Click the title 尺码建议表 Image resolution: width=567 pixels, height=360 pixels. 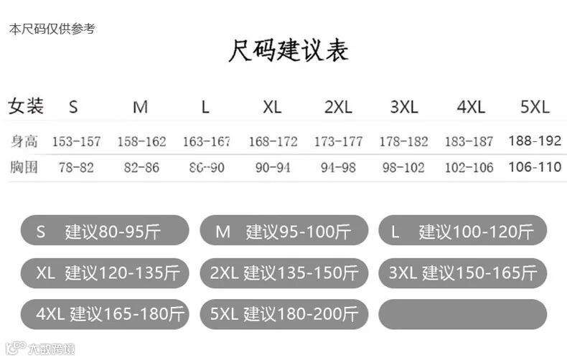coord(289,51)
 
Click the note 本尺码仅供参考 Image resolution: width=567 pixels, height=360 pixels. coord(52,29)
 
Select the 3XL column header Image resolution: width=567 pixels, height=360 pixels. coord(404,108)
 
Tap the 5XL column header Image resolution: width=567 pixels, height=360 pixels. coord(535,108)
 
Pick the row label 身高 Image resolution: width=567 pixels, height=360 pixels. coord(24,141)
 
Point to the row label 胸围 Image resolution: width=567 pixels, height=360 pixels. coord(24,168)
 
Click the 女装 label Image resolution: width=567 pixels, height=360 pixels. coord(26,107)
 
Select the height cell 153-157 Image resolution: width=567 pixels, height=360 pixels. coord(77,141)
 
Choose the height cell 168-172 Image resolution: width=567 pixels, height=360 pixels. coord(273,141)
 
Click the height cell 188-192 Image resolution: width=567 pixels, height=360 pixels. coord(535,141)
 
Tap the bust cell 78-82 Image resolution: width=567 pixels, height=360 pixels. coord(76,168)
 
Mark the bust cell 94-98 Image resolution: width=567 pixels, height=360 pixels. coord(338,168)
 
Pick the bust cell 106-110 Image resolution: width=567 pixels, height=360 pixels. coord(535,167)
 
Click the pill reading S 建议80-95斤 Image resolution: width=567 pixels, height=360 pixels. coord(105,231)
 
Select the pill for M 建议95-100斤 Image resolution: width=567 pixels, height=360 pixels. coord(283,231)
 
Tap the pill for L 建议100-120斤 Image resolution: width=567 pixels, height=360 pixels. coord(462,231)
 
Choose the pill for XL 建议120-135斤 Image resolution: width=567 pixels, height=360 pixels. coord(105,273)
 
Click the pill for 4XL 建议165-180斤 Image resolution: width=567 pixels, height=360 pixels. coord(105,314)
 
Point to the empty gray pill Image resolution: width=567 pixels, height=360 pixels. coord(462,314)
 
